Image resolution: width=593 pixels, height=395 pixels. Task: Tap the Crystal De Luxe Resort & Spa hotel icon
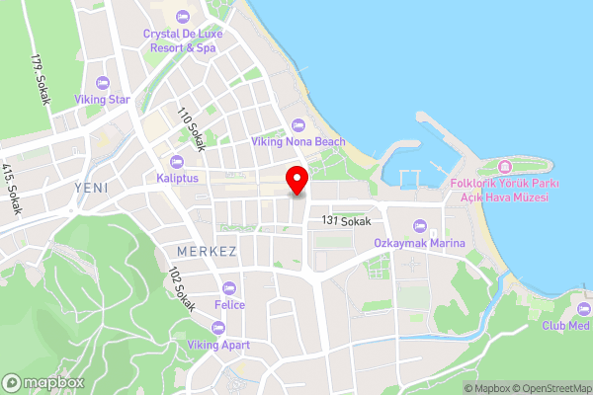[181, 17]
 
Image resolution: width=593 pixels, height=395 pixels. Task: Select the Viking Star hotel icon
[104, 82]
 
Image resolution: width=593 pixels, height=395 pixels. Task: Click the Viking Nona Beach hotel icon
[297, 124]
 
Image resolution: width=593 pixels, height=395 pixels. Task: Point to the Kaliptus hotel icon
[178, 162]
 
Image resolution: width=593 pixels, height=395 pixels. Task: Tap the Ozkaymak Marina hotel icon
[420, 225]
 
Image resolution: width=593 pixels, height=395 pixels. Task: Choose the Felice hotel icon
[229, 288]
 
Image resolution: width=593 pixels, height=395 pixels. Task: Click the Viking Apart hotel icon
[219, 328]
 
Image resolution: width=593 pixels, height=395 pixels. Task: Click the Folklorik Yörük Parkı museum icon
[504, 164]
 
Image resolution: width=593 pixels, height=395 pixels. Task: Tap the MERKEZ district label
[207, 251]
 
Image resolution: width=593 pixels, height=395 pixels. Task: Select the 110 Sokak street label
[191, 128]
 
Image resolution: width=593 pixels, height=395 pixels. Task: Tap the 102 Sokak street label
[183, 288]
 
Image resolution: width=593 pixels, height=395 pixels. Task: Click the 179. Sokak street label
[41, 78]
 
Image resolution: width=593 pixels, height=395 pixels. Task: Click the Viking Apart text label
[219, 345]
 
